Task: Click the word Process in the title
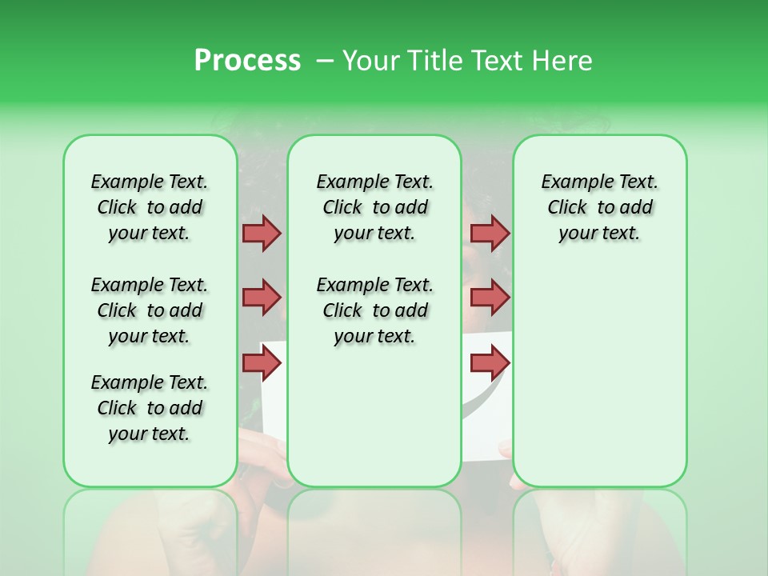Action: coord(247,61)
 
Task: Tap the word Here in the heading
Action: coord(564,61)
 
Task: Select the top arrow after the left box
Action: coord(262,234)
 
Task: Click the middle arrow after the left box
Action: coord(262,298)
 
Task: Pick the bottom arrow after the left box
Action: coord(262,363)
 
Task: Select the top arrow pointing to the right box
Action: coord(490,234)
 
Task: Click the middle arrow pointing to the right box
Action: coord(490,298)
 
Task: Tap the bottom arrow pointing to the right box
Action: coord(490,363)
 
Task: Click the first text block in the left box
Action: coord(150,207)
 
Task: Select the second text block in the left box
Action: coord(150,310)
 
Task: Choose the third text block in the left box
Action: coord(150,408)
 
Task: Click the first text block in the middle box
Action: coord(374,207)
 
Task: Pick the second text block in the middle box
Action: coord(374,310)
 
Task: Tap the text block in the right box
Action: coord(599,207)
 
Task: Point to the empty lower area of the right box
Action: coord(599,368)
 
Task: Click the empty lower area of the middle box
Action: coord(374,416)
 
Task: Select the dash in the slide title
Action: coord(325,61)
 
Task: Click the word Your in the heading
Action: coord(370,61)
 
